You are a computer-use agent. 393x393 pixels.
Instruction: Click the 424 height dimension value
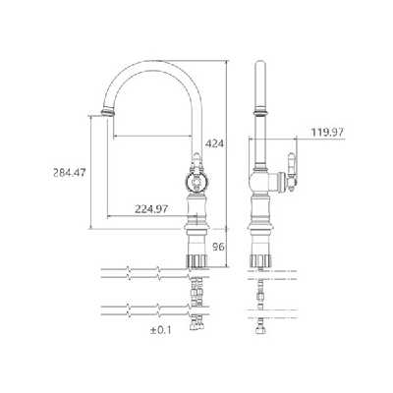(x=214, y=143)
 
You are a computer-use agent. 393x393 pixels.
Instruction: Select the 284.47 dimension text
(x=70, y=172)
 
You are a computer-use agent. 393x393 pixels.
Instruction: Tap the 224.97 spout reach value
(x=151, y=209)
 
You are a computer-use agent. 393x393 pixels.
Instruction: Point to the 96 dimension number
(x=218, y=247)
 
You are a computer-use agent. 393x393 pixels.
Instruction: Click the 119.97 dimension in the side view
(x=327, y=133)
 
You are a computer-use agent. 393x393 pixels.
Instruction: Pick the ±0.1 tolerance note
(x=160, y=330)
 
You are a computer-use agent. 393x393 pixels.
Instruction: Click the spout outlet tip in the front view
(x=108, y=112)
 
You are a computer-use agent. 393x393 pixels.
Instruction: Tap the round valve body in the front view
(x=196, y=182)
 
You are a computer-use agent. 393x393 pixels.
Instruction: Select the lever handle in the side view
(x=292, y=171)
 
